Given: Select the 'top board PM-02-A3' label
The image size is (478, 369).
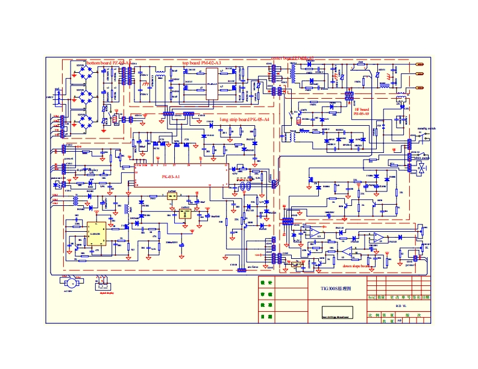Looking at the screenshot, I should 201,63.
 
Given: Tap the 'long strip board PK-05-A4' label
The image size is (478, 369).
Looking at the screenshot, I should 244,120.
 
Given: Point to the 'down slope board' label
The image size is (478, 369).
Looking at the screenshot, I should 356,265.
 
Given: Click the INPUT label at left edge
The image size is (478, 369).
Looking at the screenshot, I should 49,97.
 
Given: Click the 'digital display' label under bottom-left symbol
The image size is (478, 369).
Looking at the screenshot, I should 107,296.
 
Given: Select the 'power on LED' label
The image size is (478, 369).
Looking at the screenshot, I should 58,178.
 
